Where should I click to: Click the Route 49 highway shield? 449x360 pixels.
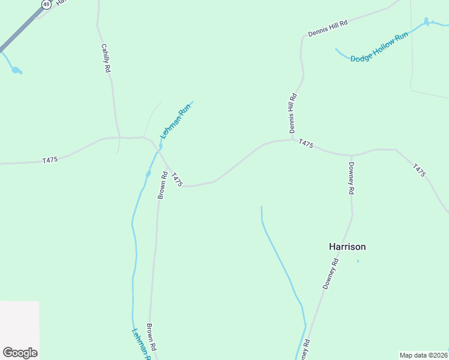point(46,4)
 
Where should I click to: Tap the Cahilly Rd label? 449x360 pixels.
point(106,59)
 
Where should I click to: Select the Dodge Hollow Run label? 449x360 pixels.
point(379,47)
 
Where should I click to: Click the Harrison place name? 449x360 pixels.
point(347,247)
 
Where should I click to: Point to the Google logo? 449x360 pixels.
point(20,353)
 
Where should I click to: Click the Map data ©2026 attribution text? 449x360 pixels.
point(423,355)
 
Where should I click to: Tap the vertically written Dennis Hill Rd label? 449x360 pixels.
point(293,113)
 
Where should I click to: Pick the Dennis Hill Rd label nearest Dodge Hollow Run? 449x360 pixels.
point(328,29)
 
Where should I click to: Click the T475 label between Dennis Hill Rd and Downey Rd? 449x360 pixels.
point(306,144)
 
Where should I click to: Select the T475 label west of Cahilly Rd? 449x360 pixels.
point(50,160)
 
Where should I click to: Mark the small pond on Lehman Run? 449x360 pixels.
point(148,174)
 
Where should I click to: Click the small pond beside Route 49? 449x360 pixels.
point(16,70)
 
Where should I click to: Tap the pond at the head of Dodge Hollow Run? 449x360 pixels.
point(427,22)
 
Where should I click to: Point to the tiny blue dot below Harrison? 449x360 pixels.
point(358,261)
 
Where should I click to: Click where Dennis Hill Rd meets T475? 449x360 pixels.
point(293,140)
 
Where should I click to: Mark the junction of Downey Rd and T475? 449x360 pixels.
point(351,155)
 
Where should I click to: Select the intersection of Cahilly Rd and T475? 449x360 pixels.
point(120,137)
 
